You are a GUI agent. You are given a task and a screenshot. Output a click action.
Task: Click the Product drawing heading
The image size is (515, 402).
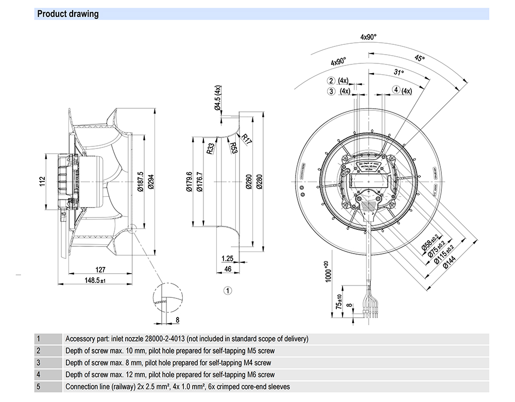[x=67, y=14]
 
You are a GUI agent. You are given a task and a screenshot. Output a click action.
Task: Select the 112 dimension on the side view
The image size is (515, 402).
[x=44, y=182]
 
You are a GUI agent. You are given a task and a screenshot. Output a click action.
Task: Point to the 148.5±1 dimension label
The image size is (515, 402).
[x=94, y=280]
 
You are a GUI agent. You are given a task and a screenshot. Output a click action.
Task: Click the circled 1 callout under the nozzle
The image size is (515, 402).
[x=228, y=291]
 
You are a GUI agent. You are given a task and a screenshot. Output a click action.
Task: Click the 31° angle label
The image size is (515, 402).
[x=398, y=73]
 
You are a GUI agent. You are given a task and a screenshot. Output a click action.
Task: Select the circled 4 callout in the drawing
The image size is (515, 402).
[x=396, y=91]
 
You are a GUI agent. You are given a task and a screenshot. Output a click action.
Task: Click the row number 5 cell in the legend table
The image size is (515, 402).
[x=38, y=386]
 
